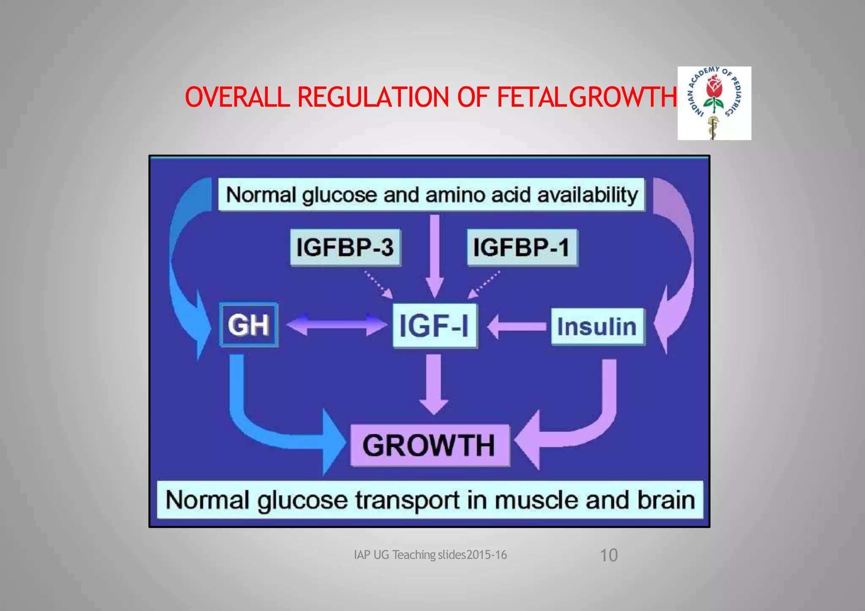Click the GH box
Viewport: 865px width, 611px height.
[x=249, y=325]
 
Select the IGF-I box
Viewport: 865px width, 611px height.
[x=435, y=326]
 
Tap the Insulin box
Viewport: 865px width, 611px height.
[x=597, y=327]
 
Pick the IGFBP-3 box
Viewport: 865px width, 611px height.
[x=345, y=247]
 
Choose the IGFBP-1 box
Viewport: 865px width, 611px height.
[x=522, y=247]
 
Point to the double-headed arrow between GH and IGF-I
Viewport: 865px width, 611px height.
[x=336, y=325]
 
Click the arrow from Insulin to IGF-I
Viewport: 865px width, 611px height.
[x=518, y=326]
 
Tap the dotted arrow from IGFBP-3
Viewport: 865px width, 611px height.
[x=378, y=285]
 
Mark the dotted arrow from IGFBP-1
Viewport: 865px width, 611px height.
[x=485, y=285]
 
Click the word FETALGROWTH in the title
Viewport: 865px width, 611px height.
[x=586, y=97]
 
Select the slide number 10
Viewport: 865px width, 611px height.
[x=609, y=555]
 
